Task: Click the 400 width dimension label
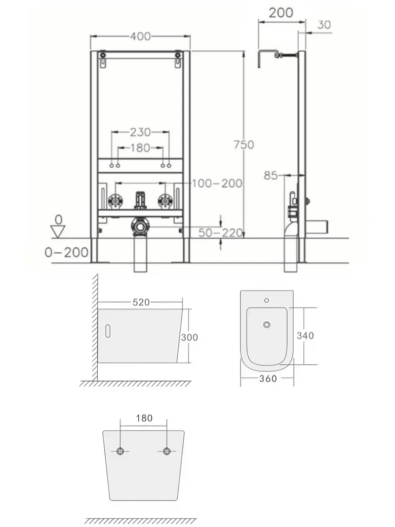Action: tap(140, 36)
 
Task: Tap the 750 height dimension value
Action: tap(244, 145)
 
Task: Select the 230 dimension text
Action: tap(140, 132)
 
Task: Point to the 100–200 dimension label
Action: tap(217, 183)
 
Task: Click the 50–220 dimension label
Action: tap(220, 233)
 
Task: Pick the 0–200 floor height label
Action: tap(66, 252)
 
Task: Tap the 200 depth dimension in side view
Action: tap(281, 13)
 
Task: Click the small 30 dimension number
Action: tap(324, 24)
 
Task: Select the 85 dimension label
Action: tap(271, 175)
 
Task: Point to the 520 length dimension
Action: tap(141, 303)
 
